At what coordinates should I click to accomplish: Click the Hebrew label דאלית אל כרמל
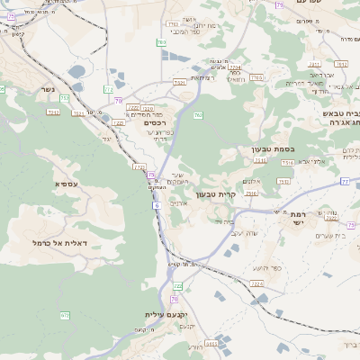point(58,243)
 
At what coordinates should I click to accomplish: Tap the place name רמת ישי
point(300,219)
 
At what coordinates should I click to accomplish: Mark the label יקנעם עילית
point(167,315)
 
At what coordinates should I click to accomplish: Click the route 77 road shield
point(345,181)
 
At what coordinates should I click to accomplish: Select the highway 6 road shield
point(157,206)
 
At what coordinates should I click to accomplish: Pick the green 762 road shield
point(161,42)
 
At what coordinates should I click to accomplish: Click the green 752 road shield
point(66,315)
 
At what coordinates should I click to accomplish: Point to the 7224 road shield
point(236,67)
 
